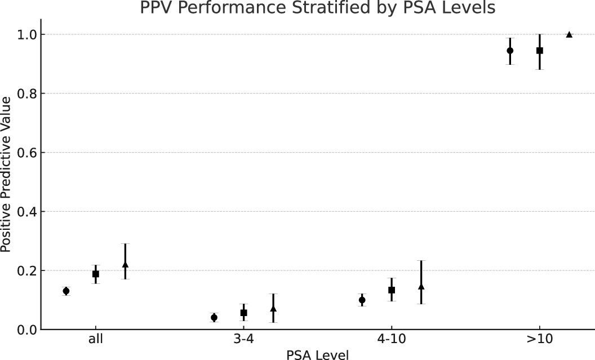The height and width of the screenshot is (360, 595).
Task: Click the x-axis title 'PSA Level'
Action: click(x=317, y=354)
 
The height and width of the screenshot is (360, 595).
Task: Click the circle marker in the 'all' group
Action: click(x=66, y=291)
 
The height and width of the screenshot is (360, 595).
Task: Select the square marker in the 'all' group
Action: click(x=96, y=274)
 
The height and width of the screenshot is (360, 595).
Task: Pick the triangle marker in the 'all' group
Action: click(x=125, y=264)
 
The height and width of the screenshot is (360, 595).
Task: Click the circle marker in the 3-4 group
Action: click(x=214, y=317)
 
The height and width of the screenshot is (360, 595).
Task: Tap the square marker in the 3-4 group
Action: click(x=243, y=313)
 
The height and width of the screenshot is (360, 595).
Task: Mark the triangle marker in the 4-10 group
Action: click(x=421, y=286)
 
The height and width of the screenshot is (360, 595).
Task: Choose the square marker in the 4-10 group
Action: click(x=392, y=290)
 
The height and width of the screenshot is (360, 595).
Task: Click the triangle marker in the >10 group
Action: click(x=569, y=34)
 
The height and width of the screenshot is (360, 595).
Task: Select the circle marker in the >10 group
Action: click(x=510, y=50)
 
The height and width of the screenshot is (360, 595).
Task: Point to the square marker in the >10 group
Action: click(x=539, y=51)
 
